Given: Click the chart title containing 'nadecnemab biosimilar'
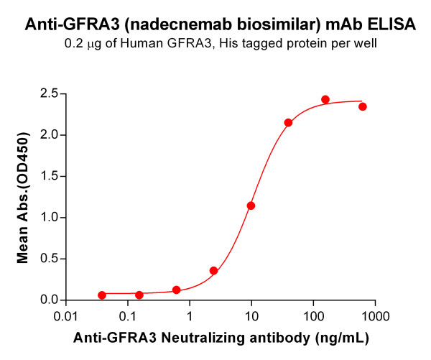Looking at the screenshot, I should pos(220,25).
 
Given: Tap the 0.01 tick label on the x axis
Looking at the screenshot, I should pos(66,315).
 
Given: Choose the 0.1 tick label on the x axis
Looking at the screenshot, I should pos(128,315).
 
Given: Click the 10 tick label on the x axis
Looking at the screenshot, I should pos(251,315).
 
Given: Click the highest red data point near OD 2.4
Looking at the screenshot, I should pos(325,99).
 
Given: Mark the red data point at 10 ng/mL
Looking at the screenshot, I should pos(251,206).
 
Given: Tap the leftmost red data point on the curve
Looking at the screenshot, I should pos(102,295).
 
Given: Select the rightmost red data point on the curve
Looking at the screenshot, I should pos(363,106).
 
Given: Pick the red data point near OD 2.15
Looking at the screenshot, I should pos(288,122).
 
